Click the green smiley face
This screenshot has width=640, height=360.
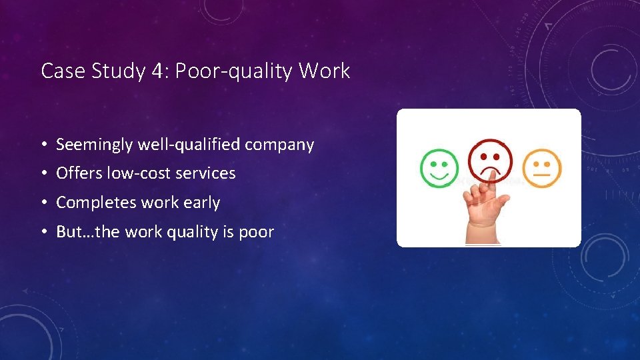tap(439, 167)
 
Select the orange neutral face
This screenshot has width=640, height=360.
tap(541, 168)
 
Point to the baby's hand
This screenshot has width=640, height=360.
tap(487, 203)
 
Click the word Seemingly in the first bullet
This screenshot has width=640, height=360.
tap(93, 145)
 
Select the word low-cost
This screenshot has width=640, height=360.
tap(136, 173)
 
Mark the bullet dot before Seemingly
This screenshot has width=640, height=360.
tap(43, 145)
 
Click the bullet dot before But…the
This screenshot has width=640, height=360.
tap(43, 233)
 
